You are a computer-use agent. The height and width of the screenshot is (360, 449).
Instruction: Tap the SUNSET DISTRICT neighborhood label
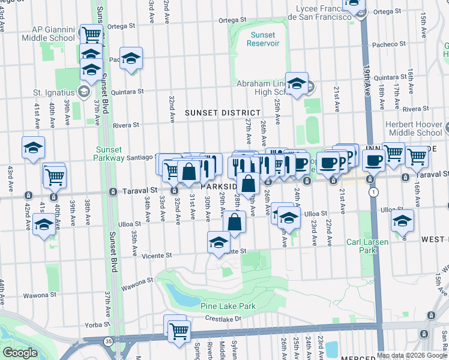(x=223, y=113)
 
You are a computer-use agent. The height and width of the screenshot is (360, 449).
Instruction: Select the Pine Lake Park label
(x=228, y=306)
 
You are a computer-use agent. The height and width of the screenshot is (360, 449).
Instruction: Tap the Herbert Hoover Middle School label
(x=415, y=128)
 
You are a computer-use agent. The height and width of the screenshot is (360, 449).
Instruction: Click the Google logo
(x=20, y=353)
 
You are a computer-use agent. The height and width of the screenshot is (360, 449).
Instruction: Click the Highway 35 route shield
(x=108, y=341)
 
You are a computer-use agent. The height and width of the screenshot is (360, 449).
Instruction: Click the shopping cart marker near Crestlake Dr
(x=179, y=329)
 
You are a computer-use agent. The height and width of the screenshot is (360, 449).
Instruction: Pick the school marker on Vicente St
(x=218, y=242)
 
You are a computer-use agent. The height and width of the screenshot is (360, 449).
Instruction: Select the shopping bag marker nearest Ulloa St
(x=235, y=222)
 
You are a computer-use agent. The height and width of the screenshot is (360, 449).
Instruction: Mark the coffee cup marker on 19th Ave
(x=373, y=160)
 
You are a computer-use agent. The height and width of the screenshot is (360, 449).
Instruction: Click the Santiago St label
(x=141, y=157)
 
